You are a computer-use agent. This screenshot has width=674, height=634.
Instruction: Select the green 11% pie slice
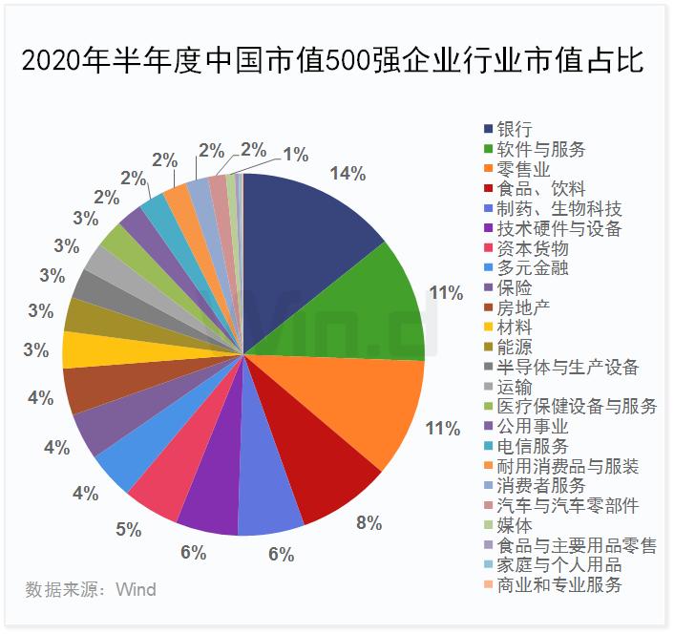click(x=382, y=301)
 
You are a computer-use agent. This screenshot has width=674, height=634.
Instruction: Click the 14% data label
click(x=348, y=173)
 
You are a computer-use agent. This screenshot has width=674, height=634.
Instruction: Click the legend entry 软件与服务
click(x=541, y=149)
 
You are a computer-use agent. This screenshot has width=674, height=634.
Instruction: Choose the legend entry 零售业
click(x=523, y=169)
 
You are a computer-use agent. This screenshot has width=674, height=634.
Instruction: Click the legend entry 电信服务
click(x=532, y=446)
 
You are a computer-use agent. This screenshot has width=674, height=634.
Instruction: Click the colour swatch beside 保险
click(x=490, y=287)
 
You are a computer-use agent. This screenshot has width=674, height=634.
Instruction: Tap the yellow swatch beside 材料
click(x=490, y=328)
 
